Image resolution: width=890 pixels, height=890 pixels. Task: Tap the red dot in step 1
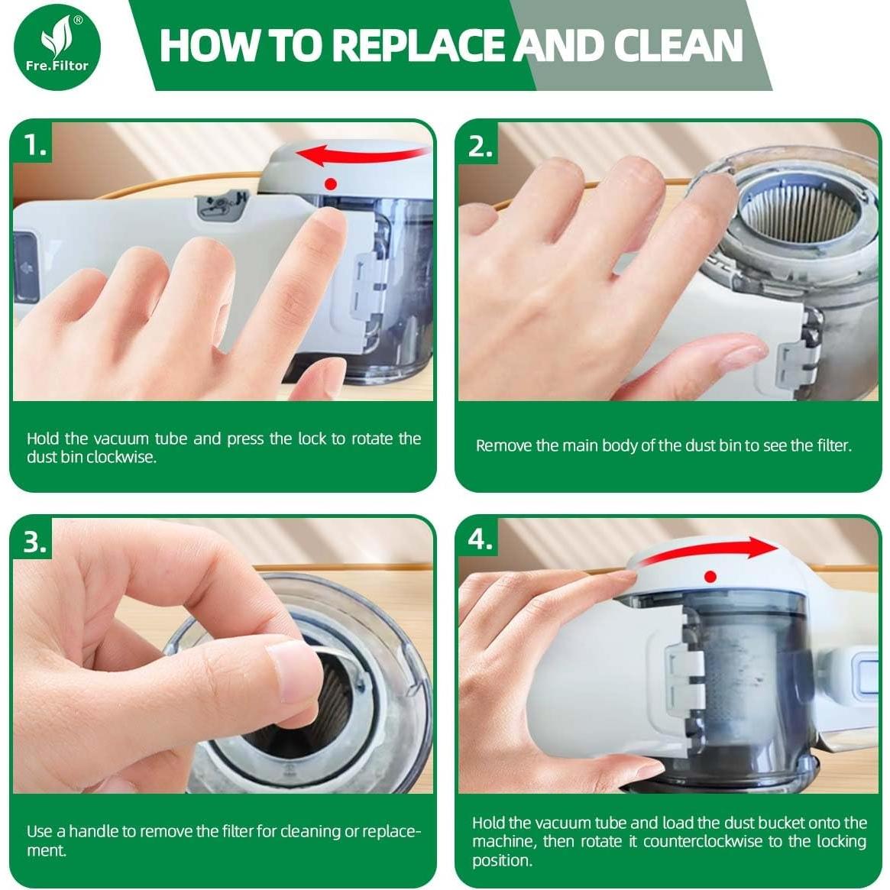(331, 184)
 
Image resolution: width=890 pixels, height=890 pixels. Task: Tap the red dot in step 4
(710, 577)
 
